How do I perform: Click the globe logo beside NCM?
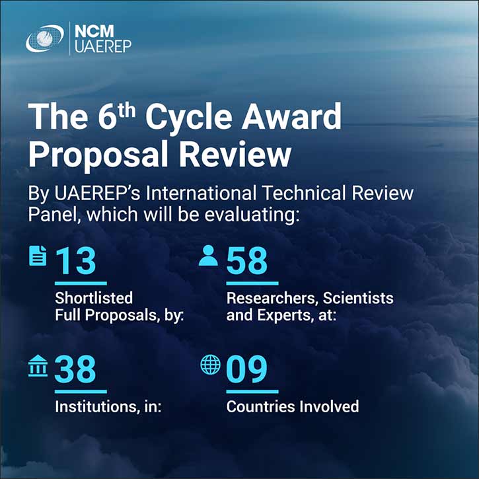pos(45,38)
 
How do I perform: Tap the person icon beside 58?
pos(209,256)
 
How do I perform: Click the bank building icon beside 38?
pos(38,365)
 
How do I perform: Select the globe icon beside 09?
pos(210,365)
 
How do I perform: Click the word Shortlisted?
pos(94,298)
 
